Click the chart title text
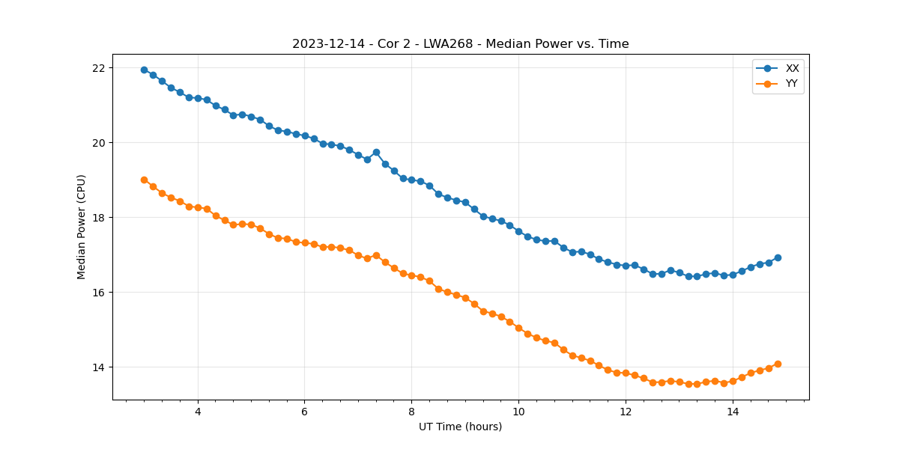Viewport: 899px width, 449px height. click(x=460, y=44)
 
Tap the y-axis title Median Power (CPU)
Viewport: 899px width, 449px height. click(x=82, y=227)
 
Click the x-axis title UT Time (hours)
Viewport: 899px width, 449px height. click(x=460, y=427)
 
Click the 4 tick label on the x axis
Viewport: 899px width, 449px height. click(x=198, y=412)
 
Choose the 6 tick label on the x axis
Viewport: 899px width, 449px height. click(x=304, y=412)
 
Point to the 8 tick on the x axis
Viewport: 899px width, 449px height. click(x=411, y=412)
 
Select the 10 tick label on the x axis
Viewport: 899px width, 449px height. click(x=518, y=412)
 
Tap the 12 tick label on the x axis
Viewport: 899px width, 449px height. click(x=626, y=412)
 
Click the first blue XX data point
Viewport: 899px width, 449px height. click(x=144, y=70)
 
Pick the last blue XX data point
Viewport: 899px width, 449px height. click(x=778, y=257)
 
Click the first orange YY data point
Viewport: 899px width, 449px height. click(x=144, y=180)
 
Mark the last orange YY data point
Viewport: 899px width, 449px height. click(x=778, y=364)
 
